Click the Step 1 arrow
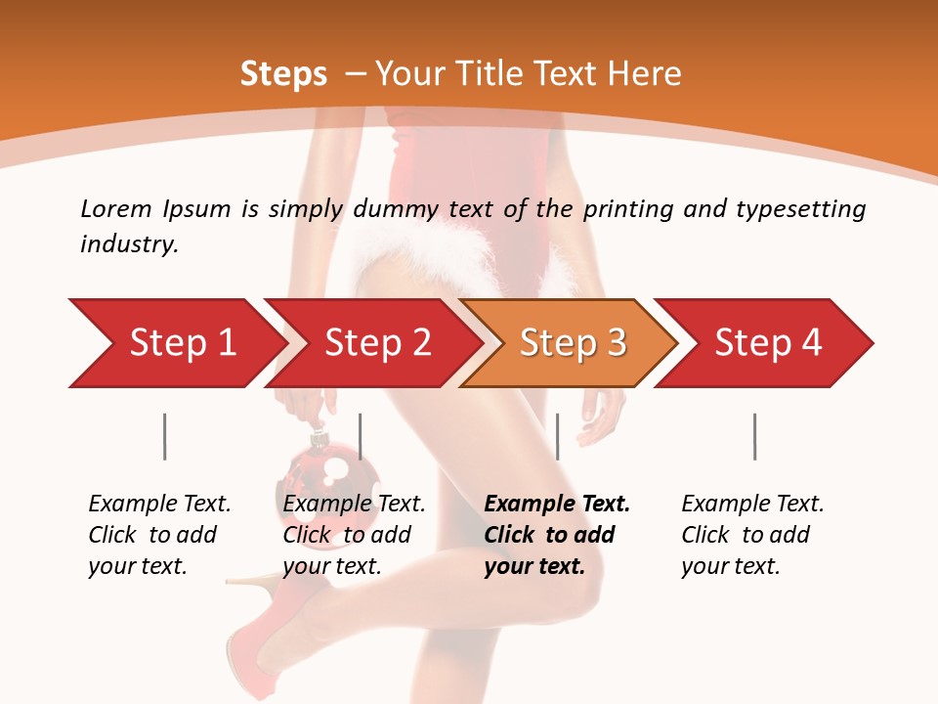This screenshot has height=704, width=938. [176, 343]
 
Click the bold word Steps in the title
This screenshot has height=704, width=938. [283, 73]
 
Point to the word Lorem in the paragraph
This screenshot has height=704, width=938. [116, 208]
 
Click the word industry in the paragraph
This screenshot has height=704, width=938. [128, 244]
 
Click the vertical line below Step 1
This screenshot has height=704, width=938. [164, 436]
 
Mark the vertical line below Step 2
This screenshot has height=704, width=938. [361, 436]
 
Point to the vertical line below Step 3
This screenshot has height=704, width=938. [557, 436]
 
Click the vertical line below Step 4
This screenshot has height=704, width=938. [754, 436]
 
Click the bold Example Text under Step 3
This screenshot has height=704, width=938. [557, 504]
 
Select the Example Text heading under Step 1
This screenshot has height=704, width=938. [159, 504]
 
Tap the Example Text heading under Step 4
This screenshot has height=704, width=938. [752, 504]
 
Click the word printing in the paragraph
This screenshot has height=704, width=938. [625, 208]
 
